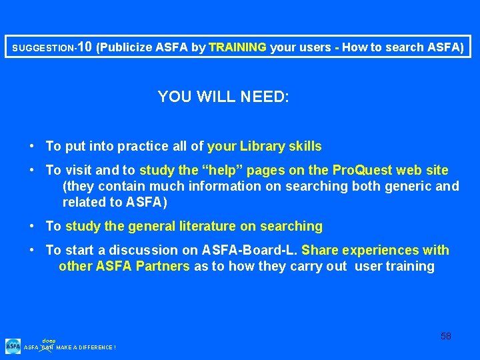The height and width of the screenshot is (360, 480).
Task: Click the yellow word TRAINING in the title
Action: [x=237, y=47]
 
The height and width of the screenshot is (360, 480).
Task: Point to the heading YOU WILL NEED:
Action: [x=223, y=97]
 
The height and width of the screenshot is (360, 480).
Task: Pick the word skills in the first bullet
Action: [x=304, y=147]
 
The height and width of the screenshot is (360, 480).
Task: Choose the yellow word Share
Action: [x=320, y=251]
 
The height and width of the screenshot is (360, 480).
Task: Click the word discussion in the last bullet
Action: [x=147, y=251]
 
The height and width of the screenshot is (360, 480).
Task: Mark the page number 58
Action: [x=446, y=336]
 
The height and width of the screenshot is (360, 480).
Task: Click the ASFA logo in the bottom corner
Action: [x=13, y=345]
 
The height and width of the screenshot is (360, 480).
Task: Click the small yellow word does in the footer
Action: [x=49, y=340]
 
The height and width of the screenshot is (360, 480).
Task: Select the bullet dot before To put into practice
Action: [x=32, y=147]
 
